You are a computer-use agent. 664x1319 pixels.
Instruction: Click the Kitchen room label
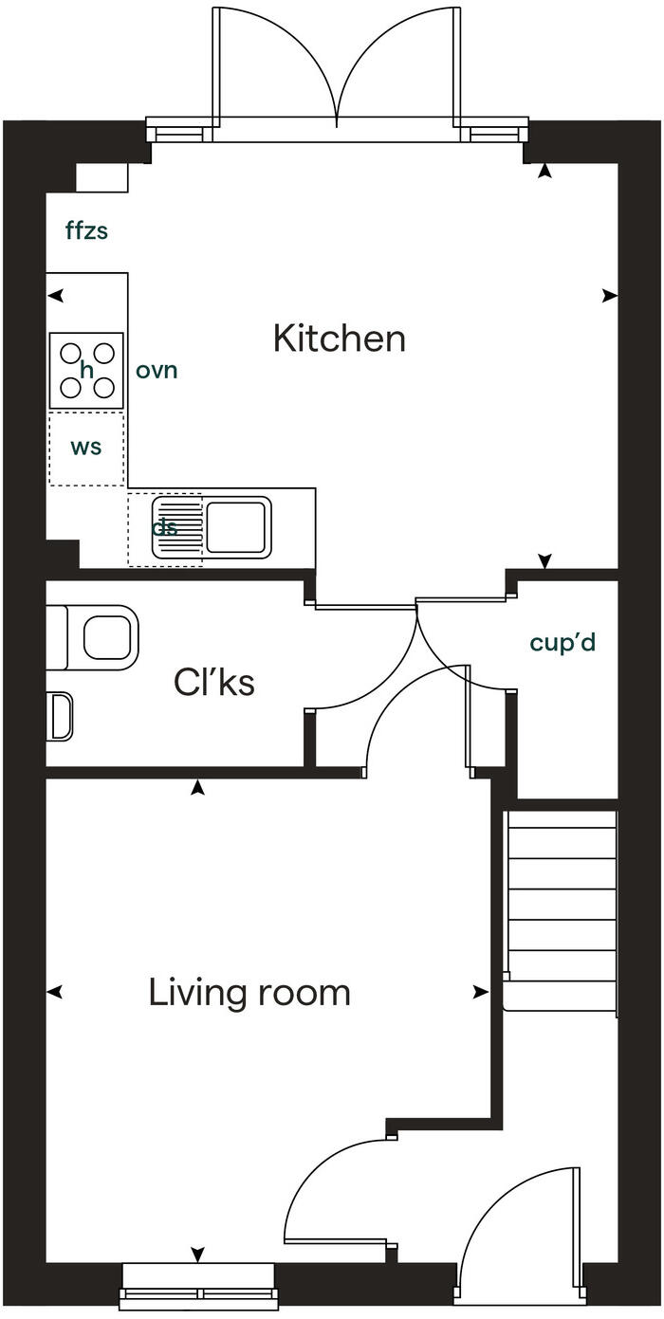[339, 339]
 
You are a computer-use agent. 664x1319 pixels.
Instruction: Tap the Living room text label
[249, 993]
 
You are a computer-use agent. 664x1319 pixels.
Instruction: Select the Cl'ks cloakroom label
[214, 682]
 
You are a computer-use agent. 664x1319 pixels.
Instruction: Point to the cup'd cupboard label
[563, 642]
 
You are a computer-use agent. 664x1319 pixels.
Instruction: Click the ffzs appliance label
[86, 230]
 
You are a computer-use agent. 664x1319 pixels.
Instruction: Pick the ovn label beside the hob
[157, 370]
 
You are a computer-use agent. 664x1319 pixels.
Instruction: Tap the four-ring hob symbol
[86, 371]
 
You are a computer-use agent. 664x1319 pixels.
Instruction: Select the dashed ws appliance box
[86, 448]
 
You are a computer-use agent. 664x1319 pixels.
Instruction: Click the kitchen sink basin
[236, 527]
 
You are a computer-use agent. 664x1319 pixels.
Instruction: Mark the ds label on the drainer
[165, 528]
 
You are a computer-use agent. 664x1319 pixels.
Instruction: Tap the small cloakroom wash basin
[60, 716]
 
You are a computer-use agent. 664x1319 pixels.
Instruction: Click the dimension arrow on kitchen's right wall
[609, 296]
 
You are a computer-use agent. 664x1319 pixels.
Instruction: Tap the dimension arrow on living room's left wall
[55, 992]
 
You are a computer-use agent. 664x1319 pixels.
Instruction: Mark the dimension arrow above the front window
[198, 1255]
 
